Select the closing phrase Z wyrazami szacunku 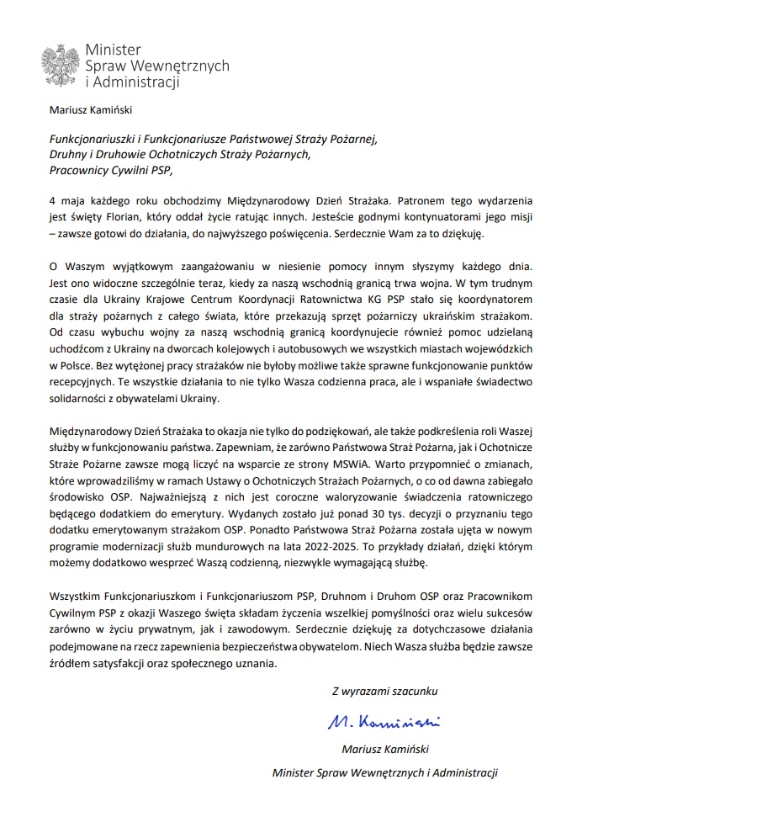[x=384, y=691]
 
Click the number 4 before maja [x=52, y=202]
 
